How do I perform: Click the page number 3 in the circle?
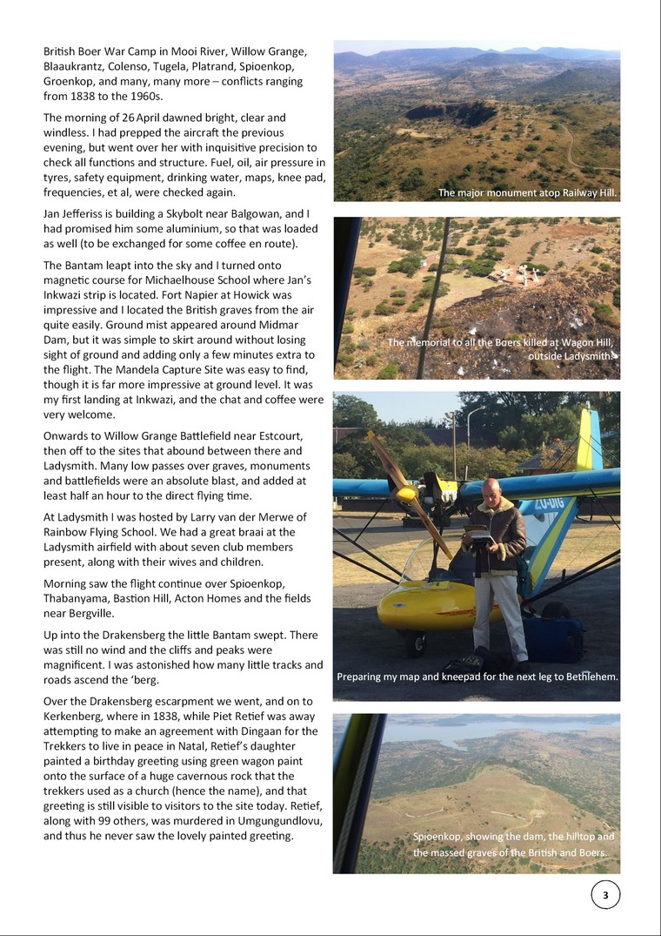point(605,895)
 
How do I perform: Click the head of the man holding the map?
point(491,490)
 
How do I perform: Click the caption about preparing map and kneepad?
point(477,676)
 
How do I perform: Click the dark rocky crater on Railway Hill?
point(439,111)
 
